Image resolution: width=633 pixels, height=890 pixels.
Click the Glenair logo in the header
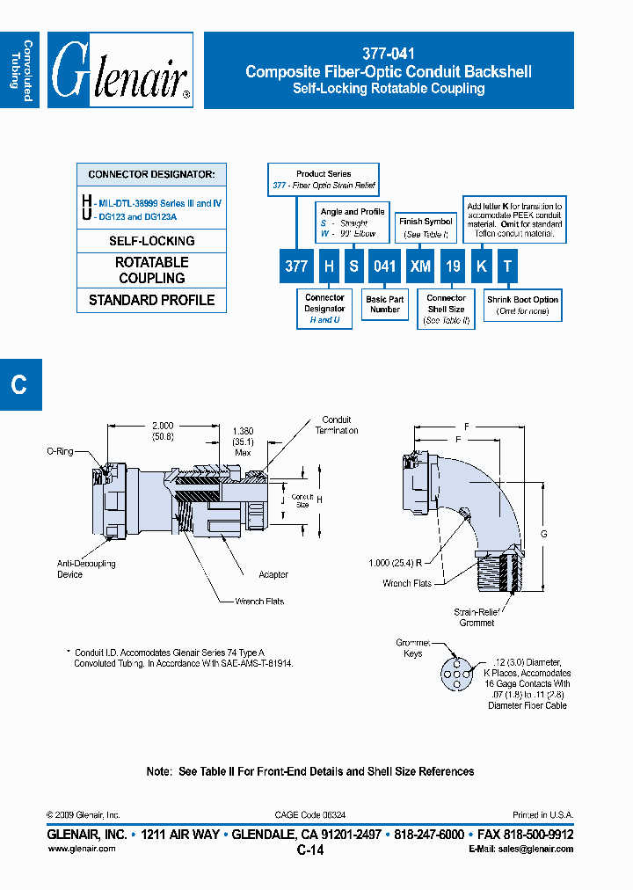[120, 70]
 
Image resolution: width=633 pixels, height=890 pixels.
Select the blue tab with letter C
[19, 384]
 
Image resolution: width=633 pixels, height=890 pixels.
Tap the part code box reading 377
[295, 266]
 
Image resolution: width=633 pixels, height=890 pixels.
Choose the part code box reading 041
[384, 266]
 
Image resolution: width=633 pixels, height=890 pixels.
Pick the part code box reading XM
[421, 266]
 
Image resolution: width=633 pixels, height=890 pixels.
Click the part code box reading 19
[452, 266]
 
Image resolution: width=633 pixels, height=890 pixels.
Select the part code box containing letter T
[508, 266]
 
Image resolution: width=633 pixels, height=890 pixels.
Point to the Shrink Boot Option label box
[522, 305]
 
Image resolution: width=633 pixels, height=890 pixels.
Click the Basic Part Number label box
[384, 304]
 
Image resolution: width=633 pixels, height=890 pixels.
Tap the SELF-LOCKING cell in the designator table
[151, 241]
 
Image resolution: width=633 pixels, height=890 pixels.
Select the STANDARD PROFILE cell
[151, 300]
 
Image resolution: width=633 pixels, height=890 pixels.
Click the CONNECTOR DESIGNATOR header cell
[151, 174]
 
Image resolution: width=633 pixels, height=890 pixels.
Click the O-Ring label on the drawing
[60, 451]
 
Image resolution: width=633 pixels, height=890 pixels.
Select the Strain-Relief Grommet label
[476, 617]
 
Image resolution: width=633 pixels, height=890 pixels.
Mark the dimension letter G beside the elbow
[543, 534]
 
